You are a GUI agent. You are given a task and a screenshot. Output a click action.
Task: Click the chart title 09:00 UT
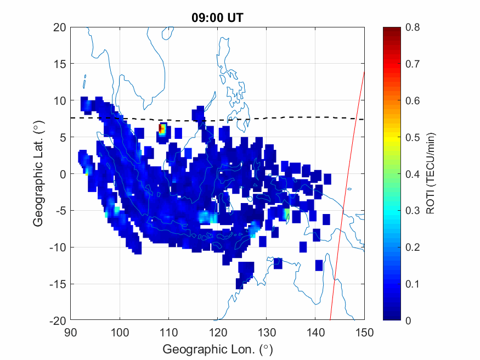(217, 18)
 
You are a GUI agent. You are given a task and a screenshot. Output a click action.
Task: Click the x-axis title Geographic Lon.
(217, 350)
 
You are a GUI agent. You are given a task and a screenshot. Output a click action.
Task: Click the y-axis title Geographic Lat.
(38, 175)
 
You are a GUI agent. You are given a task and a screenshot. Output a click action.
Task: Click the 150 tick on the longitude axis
(364, 331)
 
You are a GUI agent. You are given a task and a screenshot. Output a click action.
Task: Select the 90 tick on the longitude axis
(71, 331)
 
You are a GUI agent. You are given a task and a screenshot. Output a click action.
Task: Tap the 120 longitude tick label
(218, 331)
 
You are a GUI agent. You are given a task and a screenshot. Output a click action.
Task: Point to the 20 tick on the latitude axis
(60, 27)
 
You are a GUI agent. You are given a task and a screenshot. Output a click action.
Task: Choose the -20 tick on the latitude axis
(58, 320)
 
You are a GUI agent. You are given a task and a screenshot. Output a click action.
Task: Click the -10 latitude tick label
(58, 248)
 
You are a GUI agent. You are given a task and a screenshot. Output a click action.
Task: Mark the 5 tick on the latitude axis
(63, 137)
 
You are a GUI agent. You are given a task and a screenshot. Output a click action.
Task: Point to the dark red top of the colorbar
(391, 30)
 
